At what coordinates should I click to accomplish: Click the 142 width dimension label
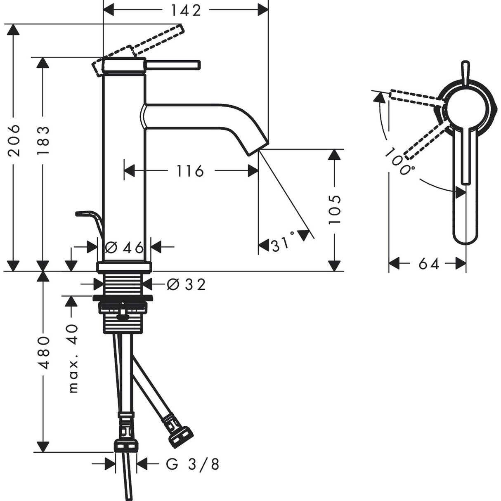pyautogui.click(x=185, y=10)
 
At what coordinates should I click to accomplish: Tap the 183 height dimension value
pyautogui.click(x=43, y=140)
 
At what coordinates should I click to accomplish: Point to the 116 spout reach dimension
pyautogui.click(x=190, y=170)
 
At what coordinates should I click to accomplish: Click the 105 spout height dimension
pyautogui.click(x=335, y=210)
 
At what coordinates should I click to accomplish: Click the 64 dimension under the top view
pyautogui.click(x=429, y=263)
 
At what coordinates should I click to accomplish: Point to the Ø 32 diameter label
pyautogui.click(x=186, y=284)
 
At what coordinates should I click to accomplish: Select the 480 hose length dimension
pyautogui.click(x=43, y=353)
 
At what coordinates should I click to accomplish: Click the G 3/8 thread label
pyautogui.click(x=192, y=464)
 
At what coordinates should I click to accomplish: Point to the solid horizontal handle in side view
pyautogui.click(x=173, y=65)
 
